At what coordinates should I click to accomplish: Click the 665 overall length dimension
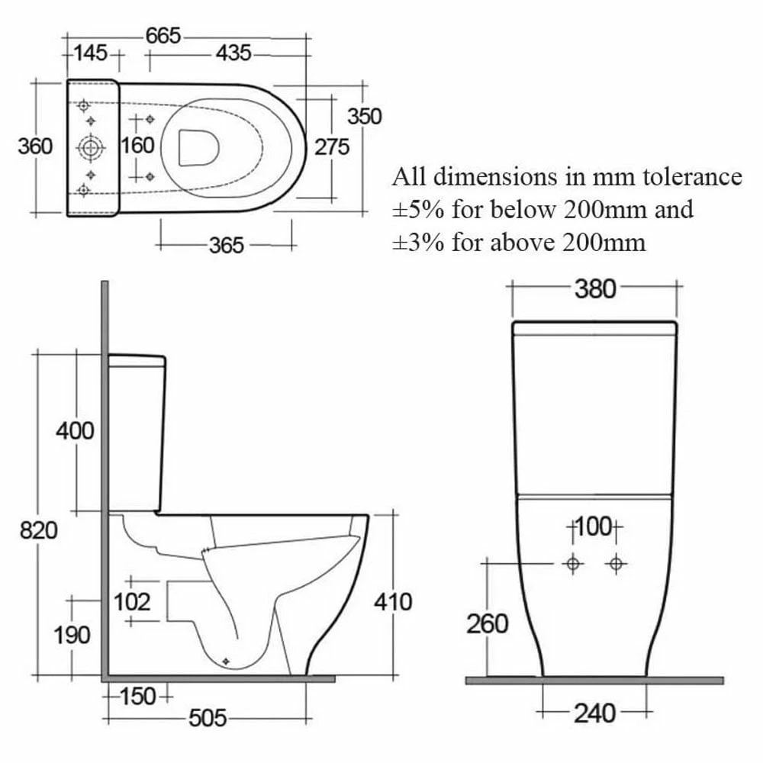(x=164, y=35)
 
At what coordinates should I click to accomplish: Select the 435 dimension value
(x=233, y=53)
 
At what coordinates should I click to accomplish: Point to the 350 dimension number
(x=364, y=116)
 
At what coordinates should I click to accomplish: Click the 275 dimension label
(x=332, y=146)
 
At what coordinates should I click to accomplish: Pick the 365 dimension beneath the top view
(x=227, y=244)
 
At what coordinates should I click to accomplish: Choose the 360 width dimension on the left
(x=35, y=146)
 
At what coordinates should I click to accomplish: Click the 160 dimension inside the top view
(x=138, y=145)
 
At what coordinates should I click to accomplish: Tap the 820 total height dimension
(x=38, y=530)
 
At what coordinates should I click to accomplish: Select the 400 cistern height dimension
(x=75, y=430)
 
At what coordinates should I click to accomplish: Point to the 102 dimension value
(x=132, y=602)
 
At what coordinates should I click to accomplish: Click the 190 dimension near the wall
(x=73, y=635)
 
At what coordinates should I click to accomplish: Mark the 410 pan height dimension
(x=393, y=602)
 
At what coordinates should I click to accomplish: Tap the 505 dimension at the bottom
(x=208, y=718)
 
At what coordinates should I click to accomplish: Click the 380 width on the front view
(x=594, y=289)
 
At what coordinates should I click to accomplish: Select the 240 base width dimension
(x=594, y=713)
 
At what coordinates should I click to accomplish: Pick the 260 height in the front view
(x=487, y=624)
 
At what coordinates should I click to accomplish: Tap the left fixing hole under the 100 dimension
(x=574, y=564)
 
